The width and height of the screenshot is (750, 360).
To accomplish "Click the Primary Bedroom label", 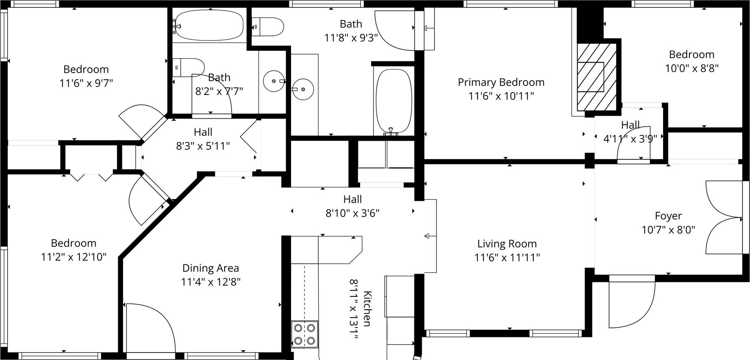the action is coord(501,82).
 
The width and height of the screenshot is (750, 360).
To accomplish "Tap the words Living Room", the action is coord(507,244).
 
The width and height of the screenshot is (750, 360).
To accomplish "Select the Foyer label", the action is coord(668,216).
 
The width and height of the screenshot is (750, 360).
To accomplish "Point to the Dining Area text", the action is coord(210,268).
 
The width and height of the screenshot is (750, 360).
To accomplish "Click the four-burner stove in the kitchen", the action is coord(305,334).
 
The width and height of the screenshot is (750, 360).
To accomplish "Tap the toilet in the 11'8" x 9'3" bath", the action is coord(268,27).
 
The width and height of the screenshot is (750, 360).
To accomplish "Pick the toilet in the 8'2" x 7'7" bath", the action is coord(189,67).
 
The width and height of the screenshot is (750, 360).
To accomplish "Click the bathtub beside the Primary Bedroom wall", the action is coord(393,102).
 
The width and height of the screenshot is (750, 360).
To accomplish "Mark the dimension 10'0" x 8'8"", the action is coord(692,68).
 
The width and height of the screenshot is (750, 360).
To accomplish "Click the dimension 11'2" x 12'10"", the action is coord(74,257).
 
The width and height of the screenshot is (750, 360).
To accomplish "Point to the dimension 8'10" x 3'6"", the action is coord(353,213).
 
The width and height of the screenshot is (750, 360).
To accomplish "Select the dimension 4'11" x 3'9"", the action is coord(630,139).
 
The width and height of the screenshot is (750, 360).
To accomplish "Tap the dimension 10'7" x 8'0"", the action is coord(668,230).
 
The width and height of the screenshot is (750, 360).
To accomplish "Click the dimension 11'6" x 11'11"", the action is coord(507,258).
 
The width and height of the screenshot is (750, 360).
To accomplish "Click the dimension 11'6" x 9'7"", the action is coord(86,83).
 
